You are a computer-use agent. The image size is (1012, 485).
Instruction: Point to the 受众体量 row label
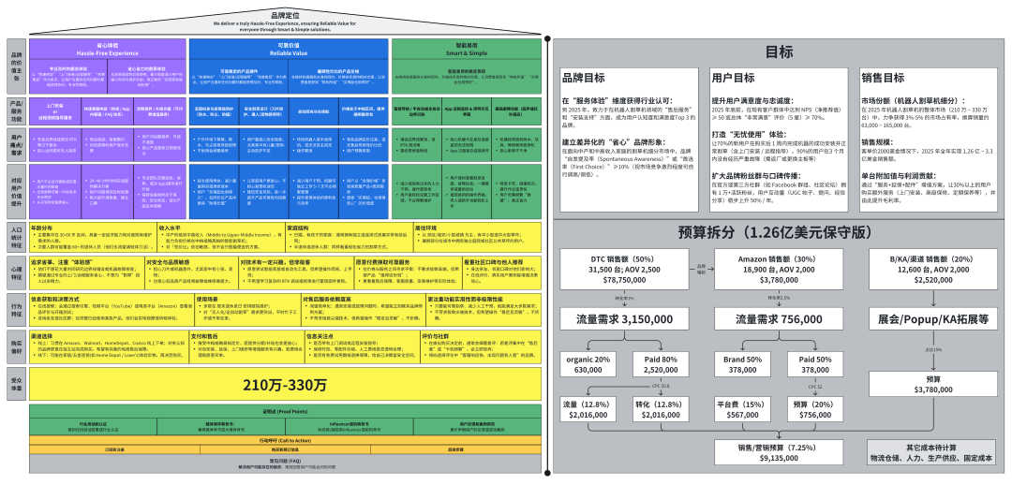pos(15,384)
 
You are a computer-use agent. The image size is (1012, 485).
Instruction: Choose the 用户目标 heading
pos(734,78)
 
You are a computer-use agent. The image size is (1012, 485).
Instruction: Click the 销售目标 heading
pos(883,78)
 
